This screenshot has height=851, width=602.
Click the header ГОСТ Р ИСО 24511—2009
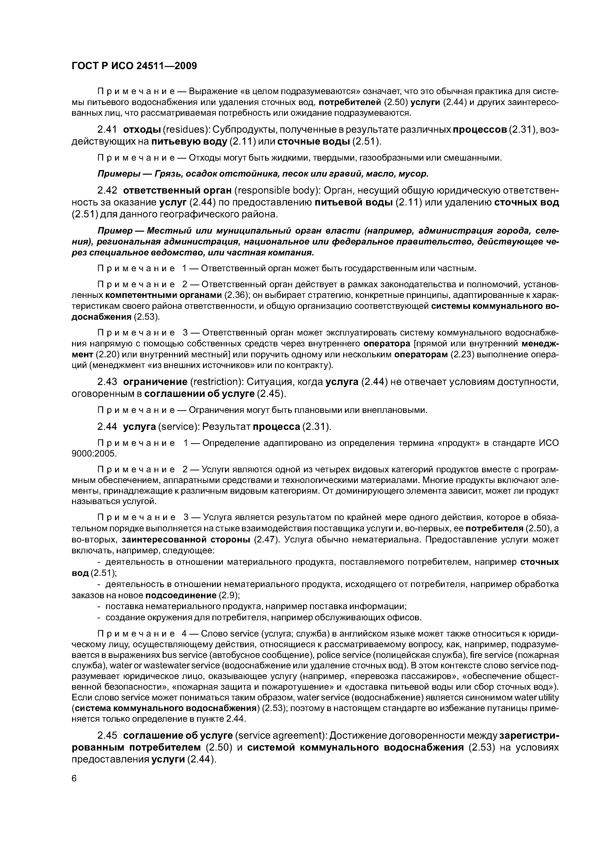pos(134,66)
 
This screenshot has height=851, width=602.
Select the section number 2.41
pos(107,130)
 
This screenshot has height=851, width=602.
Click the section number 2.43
pos(107,382)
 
